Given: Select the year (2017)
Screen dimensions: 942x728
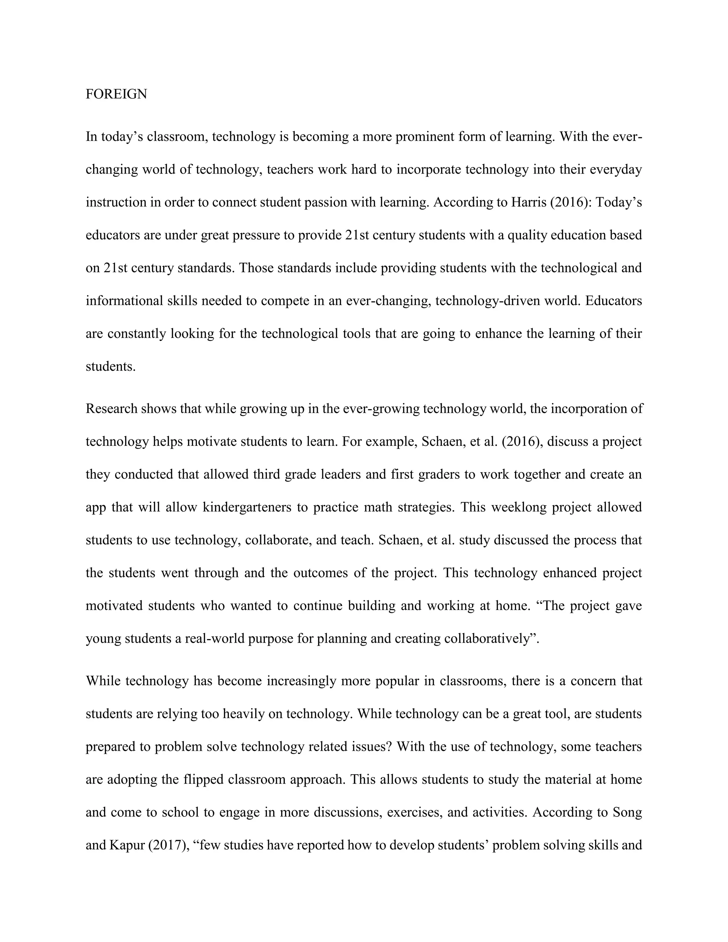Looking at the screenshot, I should click(x=167, y=845).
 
